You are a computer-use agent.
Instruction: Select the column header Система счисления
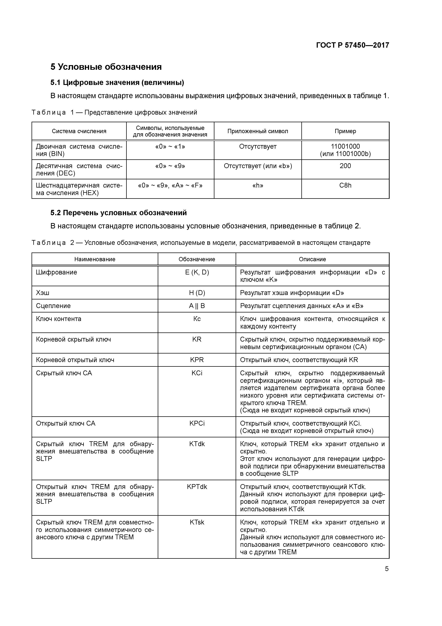click(79, 131)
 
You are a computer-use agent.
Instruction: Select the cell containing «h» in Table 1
click(258, 185)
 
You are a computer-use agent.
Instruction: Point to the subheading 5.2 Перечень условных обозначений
click(119, 213)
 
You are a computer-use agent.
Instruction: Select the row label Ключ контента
click(59, 319)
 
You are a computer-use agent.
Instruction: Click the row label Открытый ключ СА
click(66, 423)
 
